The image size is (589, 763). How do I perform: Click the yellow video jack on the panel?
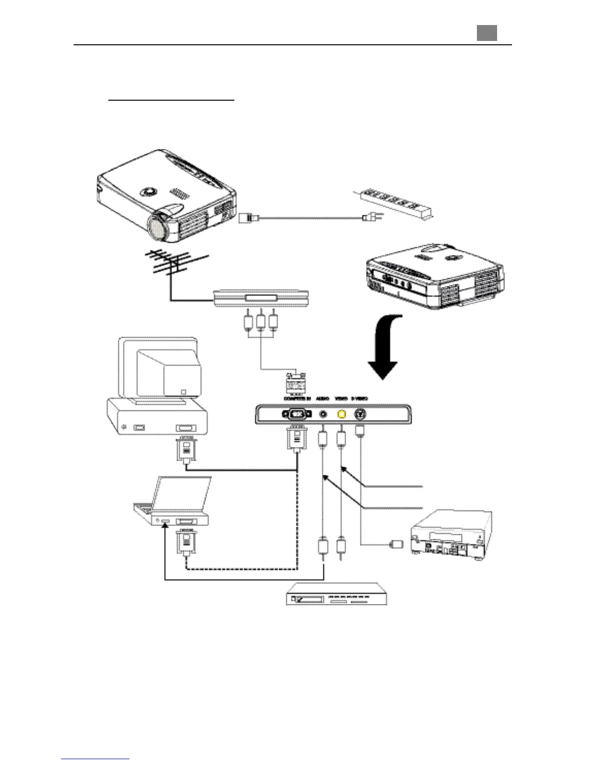pyautogui.click(x=341, y=414)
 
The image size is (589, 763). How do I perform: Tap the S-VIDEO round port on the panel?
pyautogui.click(x=360, y=414)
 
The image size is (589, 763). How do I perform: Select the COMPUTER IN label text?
pyautogui.click(x=297, y=398)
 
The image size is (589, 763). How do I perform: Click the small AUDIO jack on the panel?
pyautogui.click(x=323, y=414)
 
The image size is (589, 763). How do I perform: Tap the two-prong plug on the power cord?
pyautogui.click(x=369, y=218)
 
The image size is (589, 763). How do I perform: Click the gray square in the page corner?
pyautogui.click(x=487, y=33)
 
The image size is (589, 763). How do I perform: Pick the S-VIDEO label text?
pyautogui.click(x=359, y=398)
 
